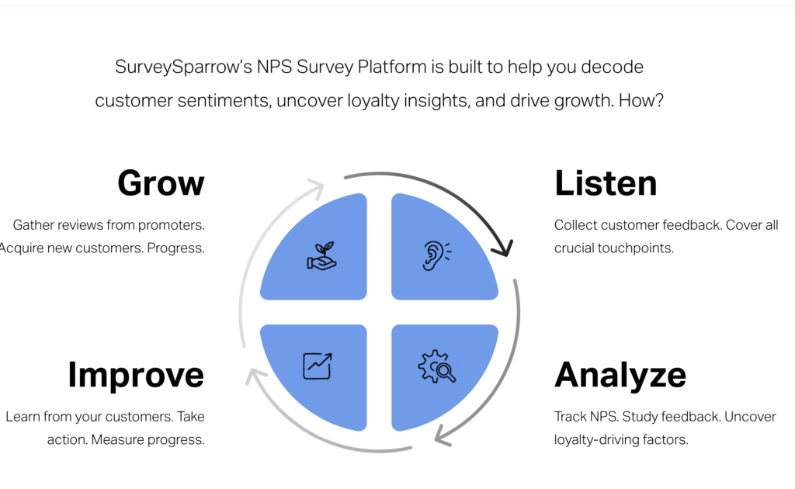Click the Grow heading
161,184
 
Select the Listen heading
606,184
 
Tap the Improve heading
136,375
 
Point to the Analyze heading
620,376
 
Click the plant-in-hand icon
321,257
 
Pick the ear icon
436,255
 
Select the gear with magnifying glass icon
436,367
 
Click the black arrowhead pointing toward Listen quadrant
504,249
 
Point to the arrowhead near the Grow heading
316,187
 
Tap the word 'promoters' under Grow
171,225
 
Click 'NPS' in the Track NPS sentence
602,417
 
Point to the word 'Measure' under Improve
119,439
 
